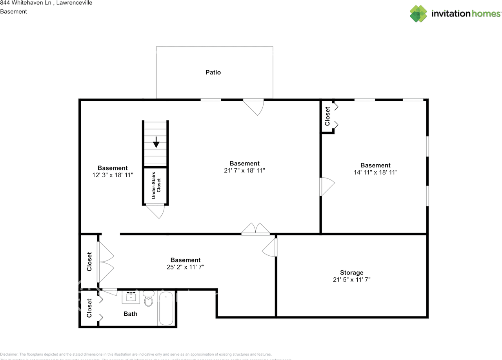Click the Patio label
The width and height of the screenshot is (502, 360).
(213, 73)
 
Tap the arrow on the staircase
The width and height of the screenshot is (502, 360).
(156, 142)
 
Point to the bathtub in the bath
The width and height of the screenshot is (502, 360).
(166, 309)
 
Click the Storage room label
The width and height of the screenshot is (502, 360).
(351, 273)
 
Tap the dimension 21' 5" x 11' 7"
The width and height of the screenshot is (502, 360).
(351, 280)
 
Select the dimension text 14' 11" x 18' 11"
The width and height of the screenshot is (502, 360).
(375, 172)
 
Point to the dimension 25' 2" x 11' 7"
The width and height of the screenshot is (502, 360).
(186, 267)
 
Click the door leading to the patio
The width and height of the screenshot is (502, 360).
(254, 106)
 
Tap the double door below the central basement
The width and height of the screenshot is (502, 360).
(255, 229)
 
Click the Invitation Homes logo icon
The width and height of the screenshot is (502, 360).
(418, 14)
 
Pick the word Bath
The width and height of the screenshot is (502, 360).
(130, 314)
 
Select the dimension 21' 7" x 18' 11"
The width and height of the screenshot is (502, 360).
(244, 171)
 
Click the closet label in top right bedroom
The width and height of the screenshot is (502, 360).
(327, 116)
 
